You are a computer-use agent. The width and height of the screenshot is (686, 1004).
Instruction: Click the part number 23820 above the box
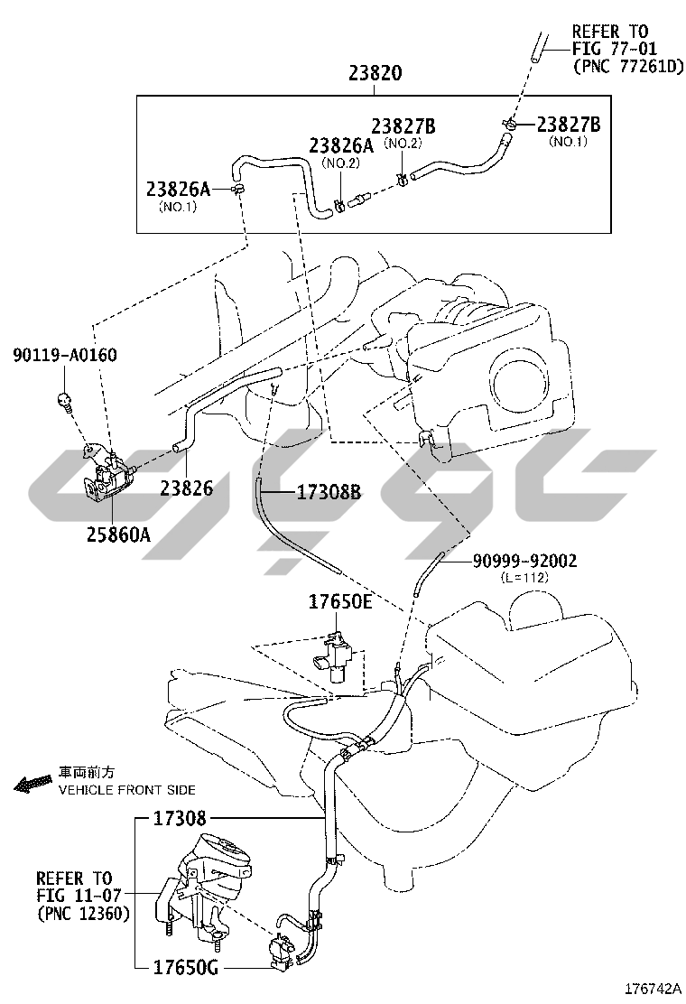coord(375,73)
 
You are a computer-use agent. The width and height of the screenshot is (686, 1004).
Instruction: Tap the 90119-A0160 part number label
coord(65,355)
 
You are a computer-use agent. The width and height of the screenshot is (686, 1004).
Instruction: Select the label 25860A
coord(119,534)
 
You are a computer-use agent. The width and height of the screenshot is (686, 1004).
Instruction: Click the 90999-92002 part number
coord(524,561)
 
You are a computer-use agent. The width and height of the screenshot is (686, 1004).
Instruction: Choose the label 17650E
coord(339,602)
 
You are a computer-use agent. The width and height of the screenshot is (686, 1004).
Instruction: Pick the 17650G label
coord(186,968)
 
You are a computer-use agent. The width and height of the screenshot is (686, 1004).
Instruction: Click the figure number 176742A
coord(653,988)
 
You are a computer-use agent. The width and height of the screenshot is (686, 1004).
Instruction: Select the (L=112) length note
coord(524,578)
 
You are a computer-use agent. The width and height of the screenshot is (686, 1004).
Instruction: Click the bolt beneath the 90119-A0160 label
coord(64,400)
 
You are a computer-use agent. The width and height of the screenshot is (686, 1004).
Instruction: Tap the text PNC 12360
coord(83,913)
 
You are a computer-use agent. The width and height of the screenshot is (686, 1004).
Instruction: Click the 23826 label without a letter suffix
coord(187,488)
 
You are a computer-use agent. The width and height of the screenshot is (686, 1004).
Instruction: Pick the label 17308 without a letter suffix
coord(180,818)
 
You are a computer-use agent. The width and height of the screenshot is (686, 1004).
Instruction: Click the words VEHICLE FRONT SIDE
coord(127,790)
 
